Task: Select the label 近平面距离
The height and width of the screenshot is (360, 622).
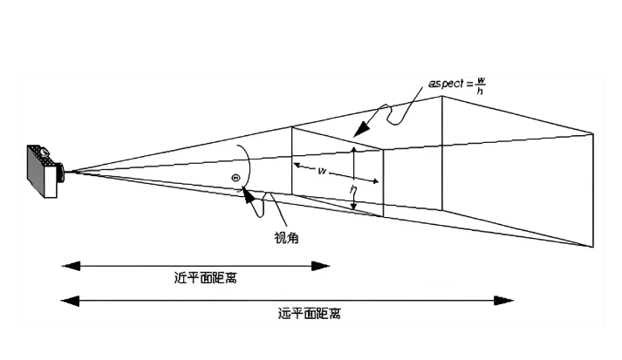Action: (205, 279)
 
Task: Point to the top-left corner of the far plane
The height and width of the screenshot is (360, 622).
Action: (441, 96)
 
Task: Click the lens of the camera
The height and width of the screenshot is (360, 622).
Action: (60, 172)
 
